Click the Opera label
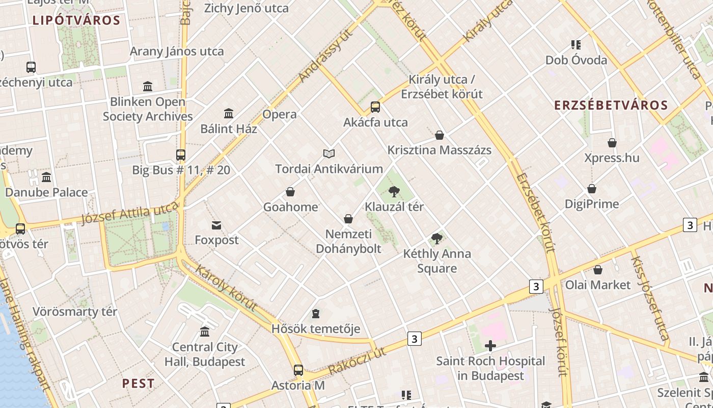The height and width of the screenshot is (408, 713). point(280,114)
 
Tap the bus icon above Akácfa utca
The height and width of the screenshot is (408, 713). point(375,107)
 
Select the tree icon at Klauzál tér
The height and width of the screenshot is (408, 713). point(394,192)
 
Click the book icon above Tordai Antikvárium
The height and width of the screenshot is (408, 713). point(329,154)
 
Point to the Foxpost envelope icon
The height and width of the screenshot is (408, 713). point(216,225)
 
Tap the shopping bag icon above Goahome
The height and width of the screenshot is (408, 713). point(290,192)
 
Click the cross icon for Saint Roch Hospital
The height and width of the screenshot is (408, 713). point(490,346)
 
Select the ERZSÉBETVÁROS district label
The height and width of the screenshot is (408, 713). point(611,106)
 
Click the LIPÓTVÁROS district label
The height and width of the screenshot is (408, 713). point(76,21)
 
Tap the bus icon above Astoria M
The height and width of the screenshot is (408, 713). point(298,370)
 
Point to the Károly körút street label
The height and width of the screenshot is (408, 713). point(226,288)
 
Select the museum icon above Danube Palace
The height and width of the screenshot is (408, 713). point(46,177)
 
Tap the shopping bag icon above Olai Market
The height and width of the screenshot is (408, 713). point(598,270)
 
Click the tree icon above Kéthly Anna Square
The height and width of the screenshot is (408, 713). point(436,239)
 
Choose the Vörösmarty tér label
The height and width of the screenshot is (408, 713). point(75,312)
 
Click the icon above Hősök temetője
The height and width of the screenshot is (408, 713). point(316,314)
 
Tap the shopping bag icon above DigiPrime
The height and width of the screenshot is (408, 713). point(592,189)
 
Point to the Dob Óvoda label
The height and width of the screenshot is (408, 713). point(576,60)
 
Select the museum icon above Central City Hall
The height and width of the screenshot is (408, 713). point(205,332)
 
